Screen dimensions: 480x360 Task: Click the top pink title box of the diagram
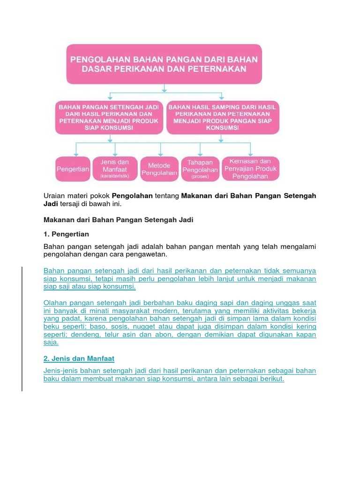[164, 64]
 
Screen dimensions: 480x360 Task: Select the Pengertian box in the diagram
[73, 169]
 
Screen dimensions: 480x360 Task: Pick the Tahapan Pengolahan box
[200, 169]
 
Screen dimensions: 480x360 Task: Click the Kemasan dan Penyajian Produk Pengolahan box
[250, 169]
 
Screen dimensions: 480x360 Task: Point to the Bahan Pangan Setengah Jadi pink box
[109, 117]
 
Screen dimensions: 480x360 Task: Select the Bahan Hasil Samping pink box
[222, 117]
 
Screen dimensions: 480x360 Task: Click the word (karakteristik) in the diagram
[114, 176]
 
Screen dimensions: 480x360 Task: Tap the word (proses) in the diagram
[200, 177]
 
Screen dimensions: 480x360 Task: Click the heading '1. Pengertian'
[66, 233]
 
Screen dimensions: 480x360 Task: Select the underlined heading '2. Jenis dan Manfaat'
[79, 359]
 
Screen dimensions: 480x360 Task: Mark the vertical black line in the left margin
[22, 328]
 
